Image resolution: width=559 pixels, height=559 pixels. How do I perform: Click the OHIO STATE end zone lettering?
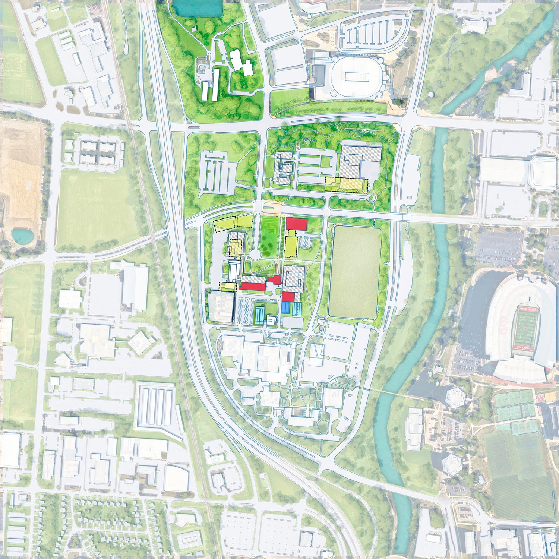coord(528,309)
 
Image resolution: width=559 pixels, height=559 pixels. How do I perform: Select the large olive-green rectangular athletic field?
coord(355,273)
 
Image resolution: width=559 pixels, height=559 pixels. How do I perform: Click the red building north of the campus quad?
coord(296,224)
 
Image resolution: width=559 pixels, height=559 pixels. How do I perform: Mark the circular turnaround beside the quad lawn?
coord(256,255)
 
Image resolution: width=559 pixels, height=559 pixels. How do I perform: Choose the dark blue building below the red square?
coord(286,308)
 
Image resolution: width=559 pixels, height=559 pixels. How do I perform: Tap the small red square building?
coord(288,297)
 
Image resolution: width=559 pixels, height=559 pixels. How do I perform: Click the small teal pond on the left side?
coord(22,236)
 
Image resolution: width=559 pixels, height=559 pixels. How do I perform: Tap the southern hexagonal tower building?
coord(452,464)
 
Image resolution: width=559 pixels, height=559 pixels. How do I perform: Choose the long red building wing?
coord(252,285)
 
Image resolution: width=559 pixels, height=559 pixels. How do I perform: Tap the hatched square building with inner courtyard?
coord(294,278)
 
